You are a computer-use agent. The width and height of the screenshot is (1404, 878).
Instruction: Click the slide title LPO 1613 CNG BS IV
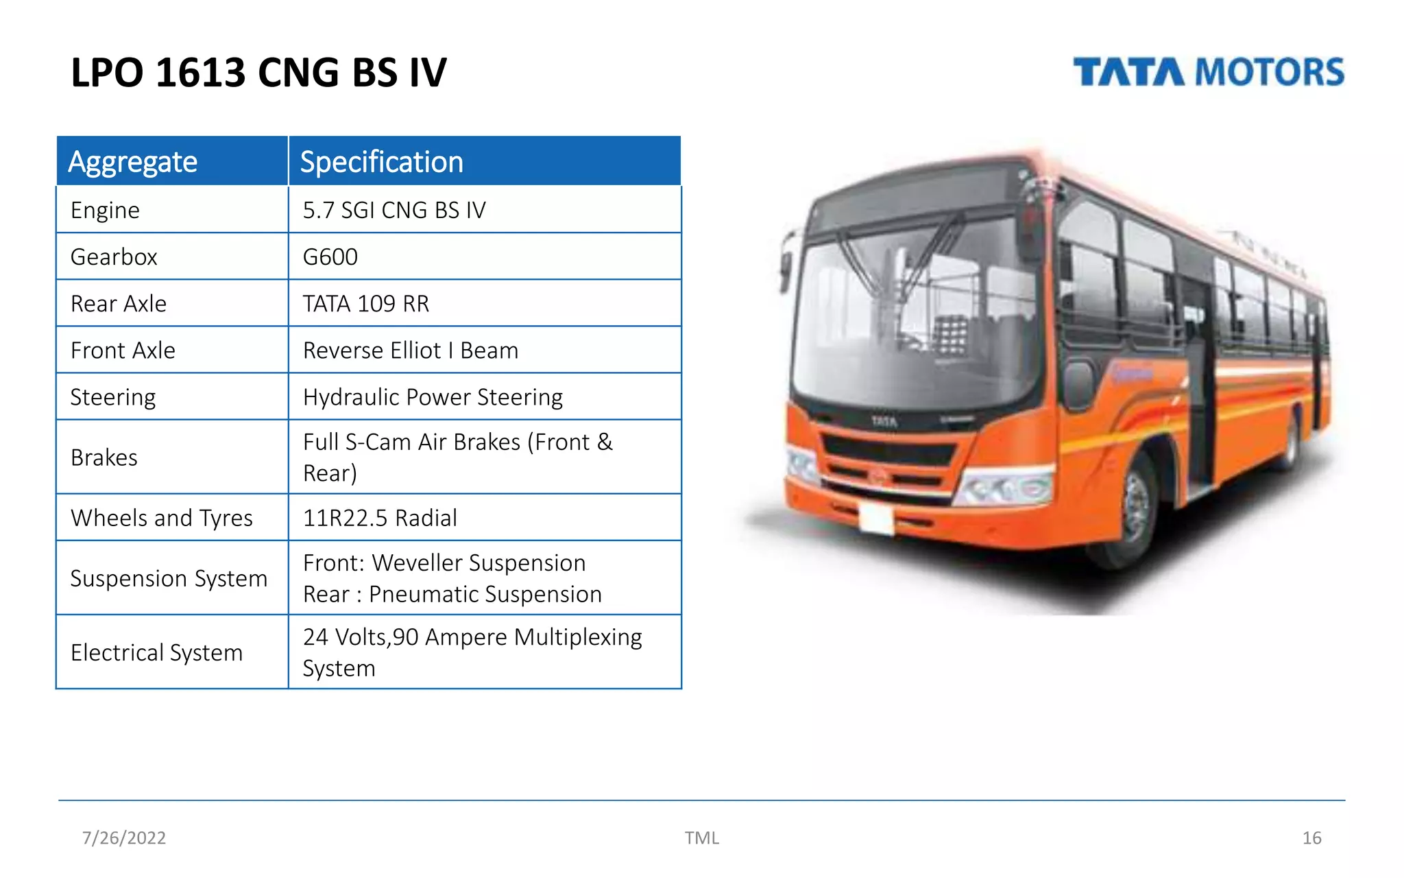(258, 73)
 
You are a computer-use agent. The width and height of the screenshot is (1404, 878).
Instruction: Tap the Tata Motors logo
(1208, 72)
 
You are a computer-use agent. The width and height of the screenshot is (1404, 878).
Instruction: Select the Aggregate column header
(133, 162)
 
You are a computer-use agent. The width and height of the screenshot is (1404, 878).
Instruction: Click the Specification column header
(381, 162)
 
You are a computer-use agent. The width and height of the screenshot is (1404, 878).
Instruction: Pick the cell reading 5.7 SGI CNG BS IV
(394, 210)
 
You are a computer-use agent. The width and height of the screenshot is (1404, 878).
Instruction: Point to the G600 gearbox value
(330, 257)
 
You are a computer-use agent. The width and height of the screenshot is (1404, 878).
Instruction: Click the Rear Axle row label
(119, 303)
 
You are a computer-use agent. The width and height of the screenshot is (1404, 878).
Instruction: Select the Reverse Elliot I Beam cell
(411, 350)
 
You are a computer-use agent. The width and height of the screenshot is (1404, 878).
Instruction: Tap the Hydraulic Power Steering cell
(433, 396)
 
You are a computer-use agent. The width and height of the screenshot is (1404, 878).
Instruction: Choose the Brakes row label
(104, 457)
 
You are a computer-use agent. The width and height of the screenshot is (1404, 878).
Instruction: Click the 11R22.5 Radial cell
(380, 517)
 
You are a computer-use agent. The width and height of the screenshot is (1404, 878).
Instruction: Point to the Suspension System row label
(169, 578)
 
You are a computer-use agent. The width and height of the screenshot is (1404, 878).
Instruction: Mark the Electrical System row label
(157, 652)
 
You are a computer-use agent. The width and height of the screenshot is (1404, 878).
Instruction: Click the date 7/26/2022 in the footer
(124, 838)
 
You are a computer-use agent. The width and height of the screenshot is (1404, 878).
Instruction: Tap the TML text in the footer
(701, 838)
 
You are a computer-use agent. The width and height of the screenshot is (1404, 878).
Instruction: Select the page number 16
(1311, 838)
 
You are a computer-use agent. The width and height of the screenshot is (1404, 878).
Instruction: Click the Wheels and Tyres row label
(162, 517)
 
